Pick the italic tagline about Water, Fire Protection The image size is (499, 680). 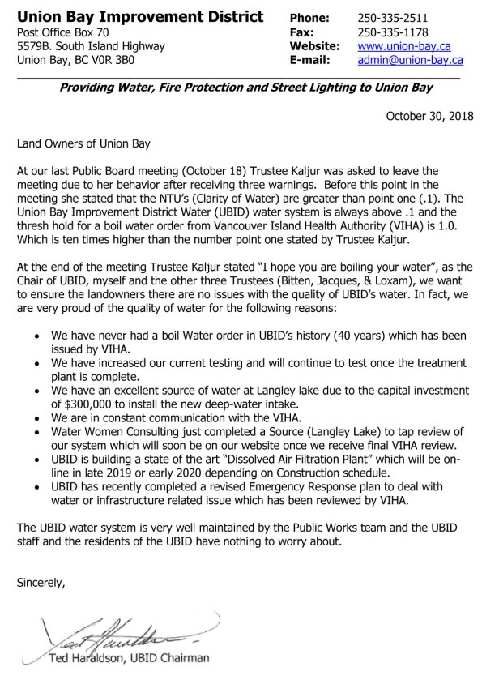tap(245, 88)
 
